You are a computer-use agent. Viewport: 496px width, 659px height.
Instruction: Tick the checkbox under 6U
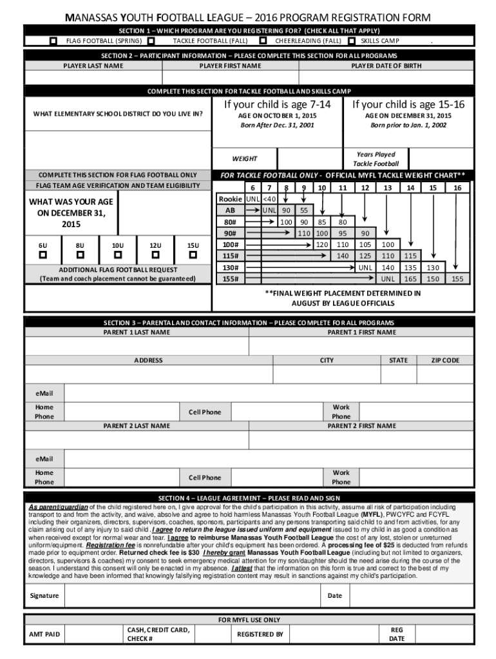pyautogui.click(x=43, y=255)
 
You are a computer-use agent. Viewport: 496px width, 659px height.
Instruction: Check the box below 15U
pyautogui.click(x=193, y=255)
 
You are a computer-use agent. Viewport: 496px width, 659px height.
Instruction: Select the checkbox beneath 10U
pyautogui.click(x=118, y=255)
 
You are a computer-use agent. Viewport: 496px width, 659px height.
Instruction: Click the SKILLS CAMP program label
pyautogui.click(x=379, y=41)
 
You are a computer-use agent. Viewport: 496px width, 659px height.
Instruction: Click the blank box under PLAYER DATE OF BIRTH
pyautogui.click(x=386, y=78)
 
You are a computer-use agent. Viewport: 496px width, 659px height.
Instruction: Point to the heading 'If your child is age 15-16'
pyautogui.click(x=408, y=104)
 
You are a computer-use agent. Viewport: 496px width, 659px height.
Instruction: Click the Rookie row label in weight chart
pyautogui.click(x=231, y=199)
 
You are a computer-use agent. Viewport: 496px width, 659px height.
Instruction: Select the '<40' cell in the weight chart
pyautogui.click(x=270, y=199)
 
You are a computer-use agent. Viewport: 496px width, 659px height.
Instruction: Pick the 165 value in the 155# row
pyautogui.click(x=410, y=279)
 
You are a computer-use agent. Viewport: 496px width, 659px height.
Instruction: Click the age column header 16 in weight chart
pyautogui.click(x=457, y=187)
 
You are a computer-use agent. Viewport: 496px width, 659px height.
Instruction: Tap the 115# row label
pyautogui.click(x=229, y=255)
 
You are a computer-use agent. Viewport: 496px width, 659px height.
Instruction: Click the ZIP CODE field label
pyautogui.click(x=445, y=360)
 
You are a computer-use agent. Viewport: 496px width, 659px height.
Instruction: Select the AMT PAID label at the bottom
pyautogui.click(x=44, y=635)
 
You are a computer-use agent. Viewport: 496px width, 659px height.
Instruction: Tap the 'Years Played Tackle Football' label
pyautogui.click(x=376, y=159)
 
